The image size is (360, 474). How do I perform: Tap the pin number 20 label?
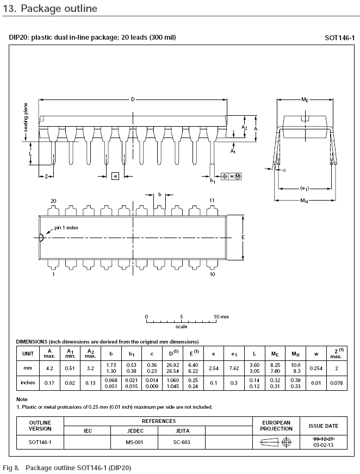pyautogui.click(x=53, y=201)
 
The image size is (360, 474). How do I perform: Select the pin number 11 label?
pyautogui.click(x=212, y=200)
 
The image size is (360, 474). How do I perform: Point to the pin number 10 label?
pyautogui.click(x=213, y=274)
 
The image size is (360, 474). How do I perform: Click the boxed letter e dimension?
pyautogui.click(x=115, y=176)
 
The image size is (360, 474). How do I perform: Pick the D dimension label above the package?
pyautogui.click(x=133, y=99)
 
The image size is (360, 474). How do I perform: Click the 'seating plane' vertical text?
pyautogui.click(x=26, y=117)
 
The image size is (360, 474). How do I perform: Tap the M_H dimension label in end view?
pyautogui.click(x=304, y=201)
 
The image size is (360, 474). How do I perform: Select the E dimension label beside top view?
pyautogui.click(x=243, y=238)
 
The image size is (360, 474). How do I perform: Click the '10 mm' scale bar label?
pyautogui.click(x=221, y=317)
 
